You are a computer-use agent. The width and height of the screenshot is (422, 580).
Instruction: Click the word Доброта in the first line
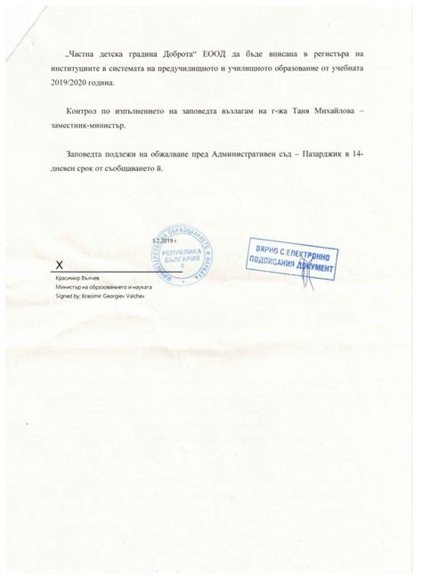point(181,53)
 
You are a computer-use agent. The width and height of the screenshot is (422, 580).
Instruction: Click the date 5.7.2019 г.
point(164,241)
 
